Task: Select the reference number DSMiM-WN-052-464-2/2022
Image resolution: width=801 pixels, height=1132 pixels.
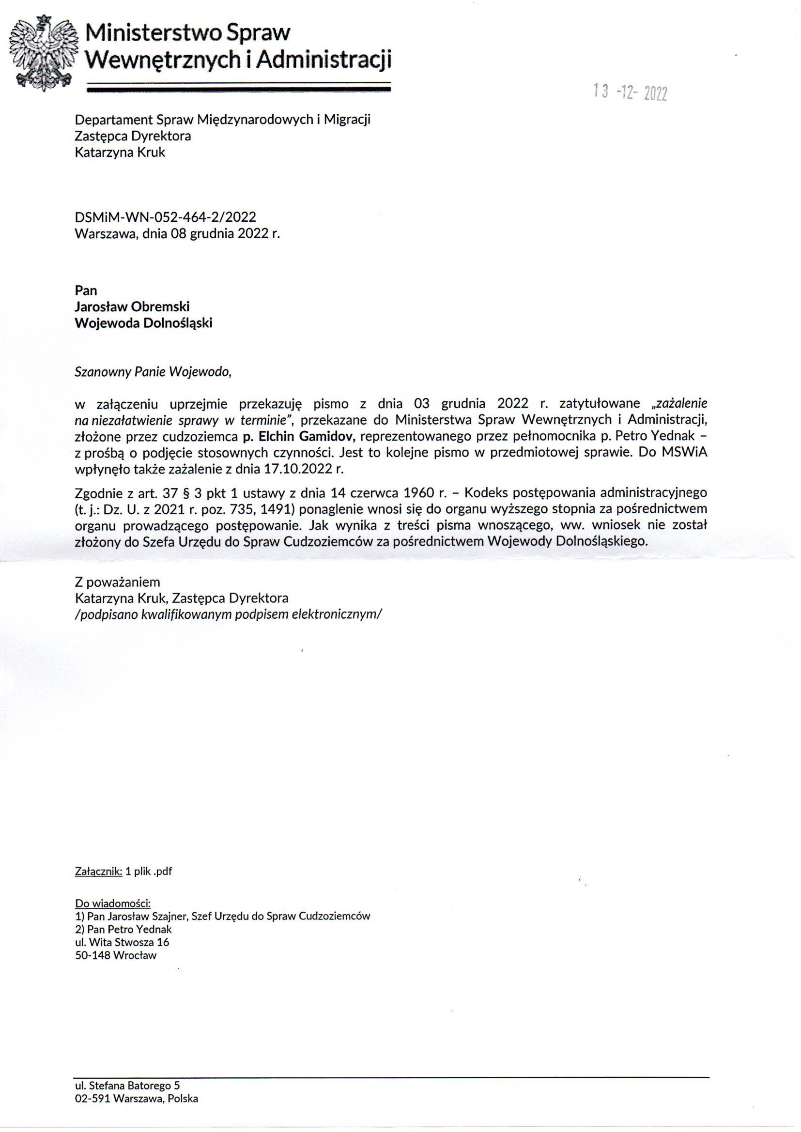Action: point(165,217)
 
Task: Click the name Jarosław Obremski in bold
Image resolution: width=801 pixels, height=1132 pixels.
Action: point(132,306)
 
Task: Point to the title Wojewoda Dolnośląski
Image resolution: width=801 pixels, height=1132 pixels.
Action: point(143,323)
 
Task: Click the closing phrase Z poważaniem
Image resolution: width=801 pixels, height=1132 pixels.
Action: point(117,582)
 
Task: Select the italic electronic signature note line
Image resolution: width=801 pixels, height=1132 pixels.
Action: point(228,614)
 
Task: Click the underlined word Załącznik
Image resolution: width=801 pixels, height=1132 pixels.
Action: point(98,871)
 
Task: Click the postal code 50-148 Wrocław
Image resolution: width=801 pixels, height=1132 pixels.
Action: point(115,955)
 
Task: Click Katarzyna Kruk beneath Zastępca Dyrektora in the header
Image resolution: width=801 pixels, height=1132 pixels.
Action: point(119,152)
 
